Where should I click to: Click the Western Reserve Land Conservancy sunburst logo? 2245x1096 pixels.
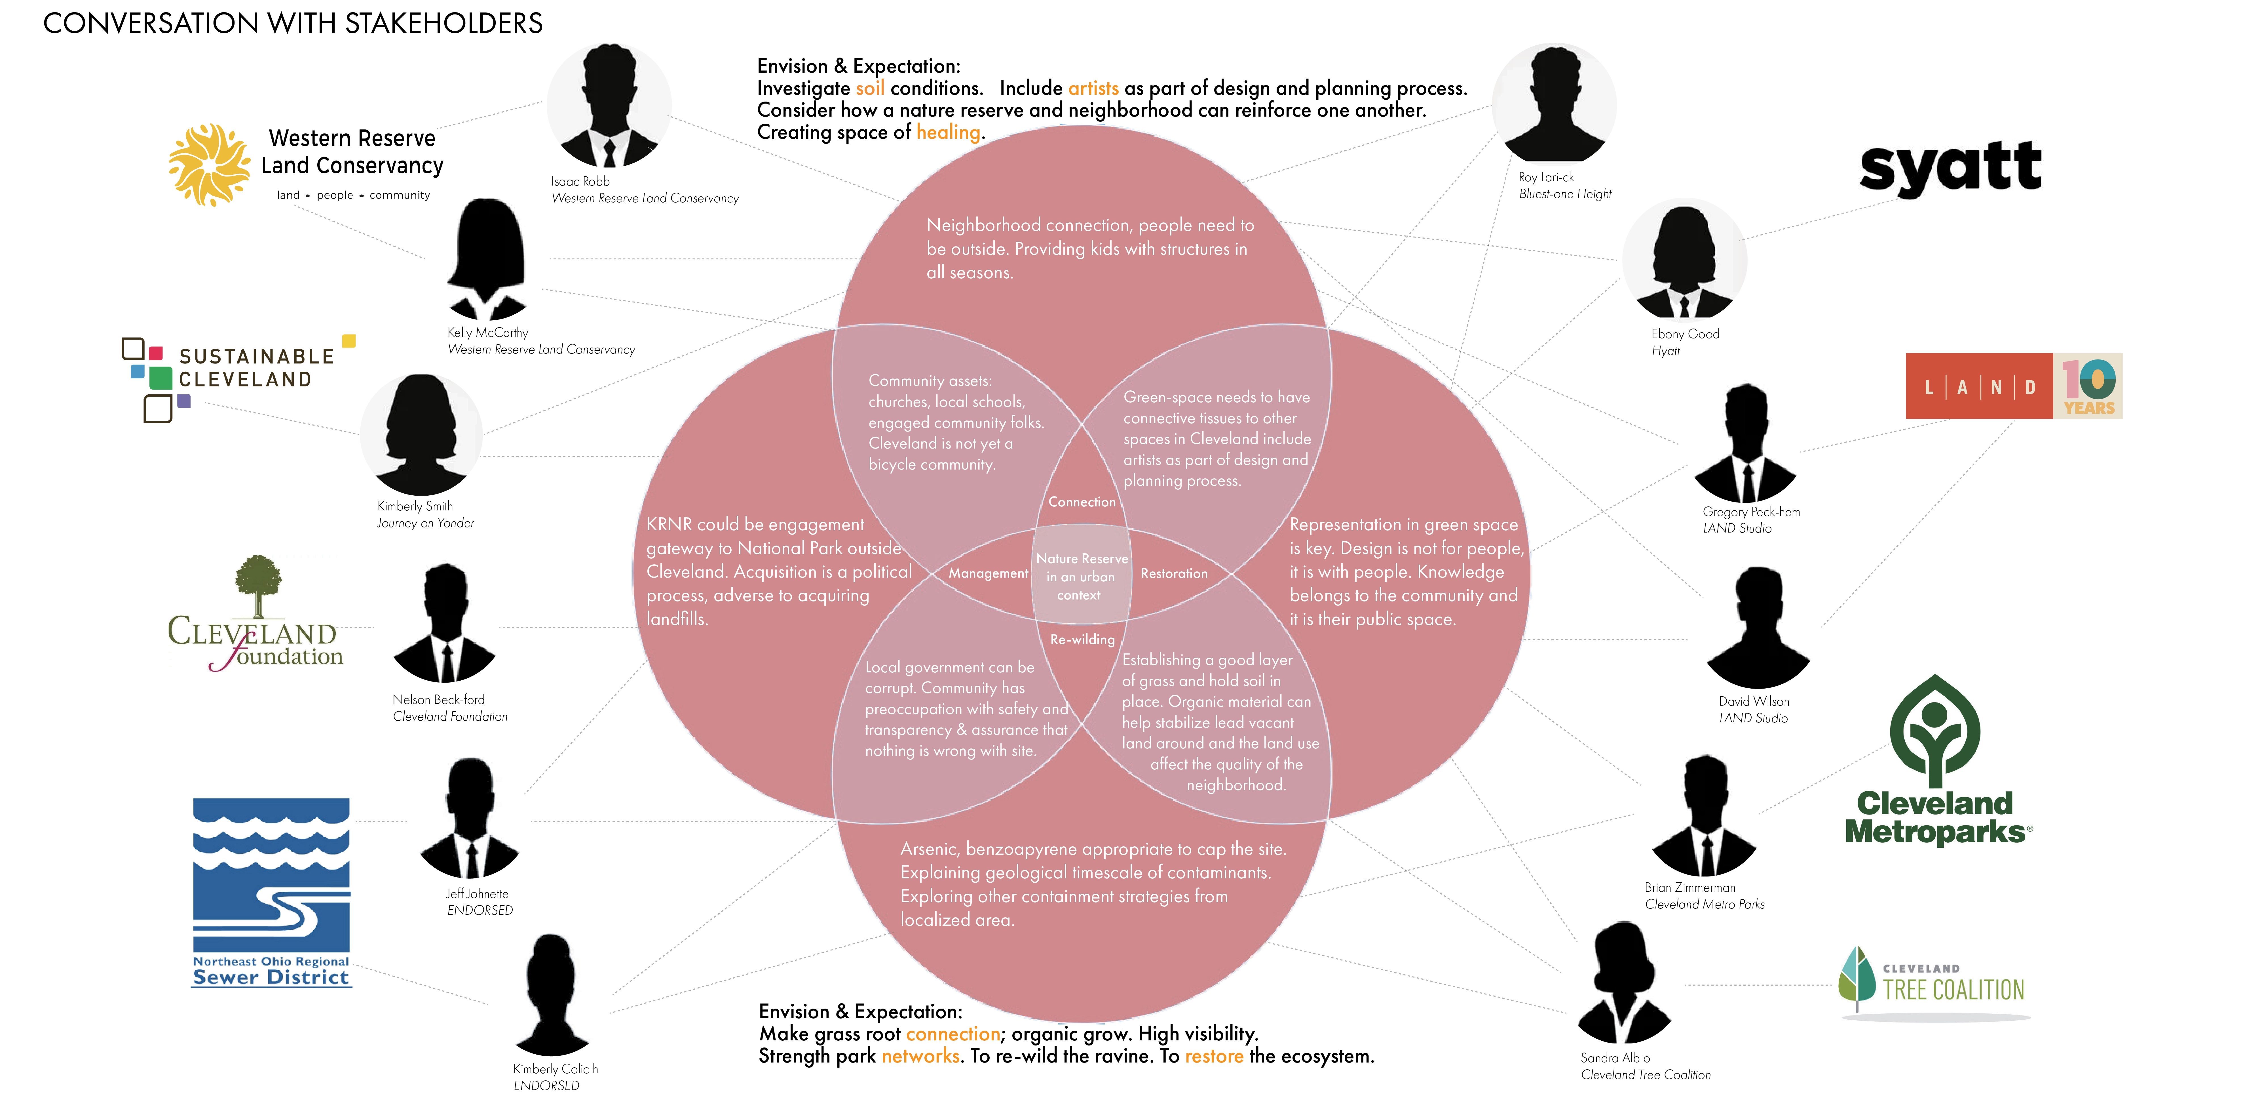[209, 165]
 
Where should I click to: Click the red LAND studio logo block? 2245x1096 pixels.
[1978, 386]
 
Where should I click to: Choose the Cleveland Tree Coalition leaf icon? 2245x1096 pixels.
[1856, 978]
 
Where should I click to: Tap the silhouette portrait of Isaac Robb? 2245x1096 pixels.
[609, 106]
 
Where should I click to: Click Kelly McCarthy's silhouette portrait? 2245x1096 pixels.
[486, 260]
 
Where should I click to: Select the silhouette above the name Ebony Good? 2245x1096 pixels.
[1684, 262]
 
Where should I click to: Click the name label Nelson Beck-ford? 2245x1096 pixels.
[438, 699]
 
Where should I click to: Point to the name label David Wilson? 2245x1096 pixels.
[1754, 701]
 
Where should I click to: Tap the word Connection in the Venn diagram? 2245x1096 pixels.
[1082, 502]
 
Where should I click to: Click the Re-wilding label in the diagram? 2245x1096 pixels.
[1082, 639]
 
